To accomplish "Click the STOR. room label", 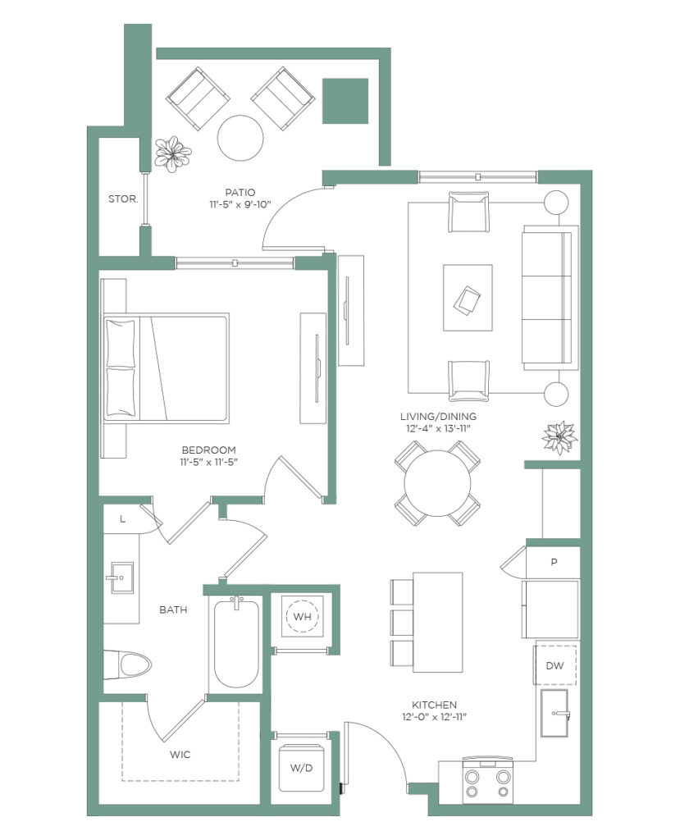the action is [123, 199].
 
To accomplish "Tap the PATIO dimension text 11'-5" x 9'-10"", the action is [240, 204].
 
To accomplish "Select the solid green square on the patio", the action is [345, 101].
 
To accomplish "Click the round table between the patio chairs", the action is [240, 138].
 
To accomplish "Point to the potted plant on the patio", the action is [172, 153].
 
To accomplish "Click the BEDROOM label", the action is [208, 450].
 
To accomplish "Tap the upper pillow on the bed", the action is [121, 343].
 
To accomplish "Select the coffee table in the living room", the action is [468, 298].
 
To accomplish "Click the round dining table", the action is [437, 483].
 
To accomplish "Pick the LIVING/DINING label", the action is [438, 416].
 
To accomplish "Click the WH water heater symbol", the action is [302, 617].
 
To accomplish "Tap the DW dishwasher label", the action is [554, 666].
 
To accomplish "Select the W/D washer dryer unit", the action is [302, 768].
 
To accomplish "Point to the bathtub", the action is [236, 643].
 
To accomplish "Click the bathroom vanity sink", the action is [122, 578].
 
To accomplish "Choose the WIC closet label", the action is [180, 755].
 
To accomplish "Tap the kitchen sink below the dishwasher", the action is [554, 713].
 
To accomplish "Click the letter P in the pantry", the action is [554, 562].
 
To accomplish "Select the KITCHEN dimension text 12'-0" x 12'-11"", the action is [435, 717].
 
